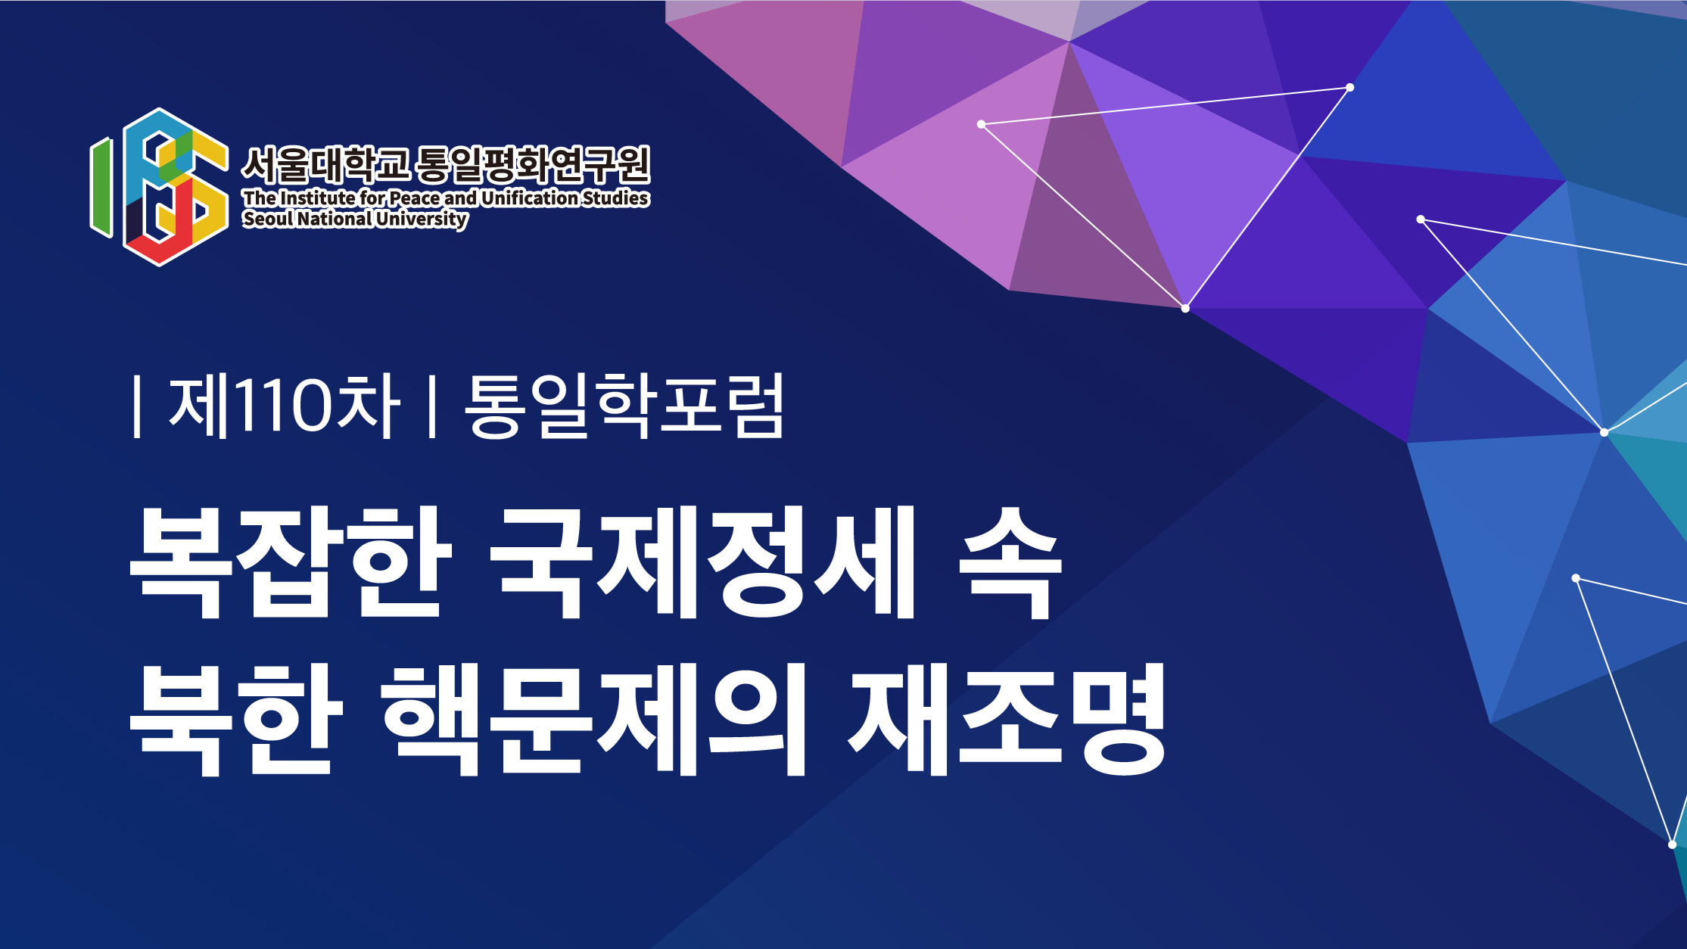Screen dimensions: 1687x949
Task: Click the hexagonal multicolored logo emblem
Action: point(159,187)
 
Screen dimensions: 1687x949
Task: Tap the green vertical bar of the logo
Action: point(101,187)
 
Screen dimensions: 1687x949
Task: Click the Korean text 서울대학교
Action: point(326,164)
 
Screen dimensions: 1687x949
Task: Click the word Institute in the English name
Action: point(318,198)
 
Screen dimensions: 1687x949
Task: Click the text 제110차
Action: point(285,406)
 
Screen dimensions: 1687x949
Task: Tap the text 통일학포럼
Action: point(624,406)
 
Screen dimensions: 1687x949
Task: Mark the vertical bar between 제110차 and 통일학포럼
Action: point(432,406)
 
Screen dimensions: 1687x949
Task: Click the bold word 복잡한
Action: point(291,562)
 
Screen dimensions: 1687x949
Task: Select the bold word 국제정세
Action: point(703,562)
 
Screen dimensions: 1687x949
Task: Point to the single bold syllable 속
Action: point(1010,562)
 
